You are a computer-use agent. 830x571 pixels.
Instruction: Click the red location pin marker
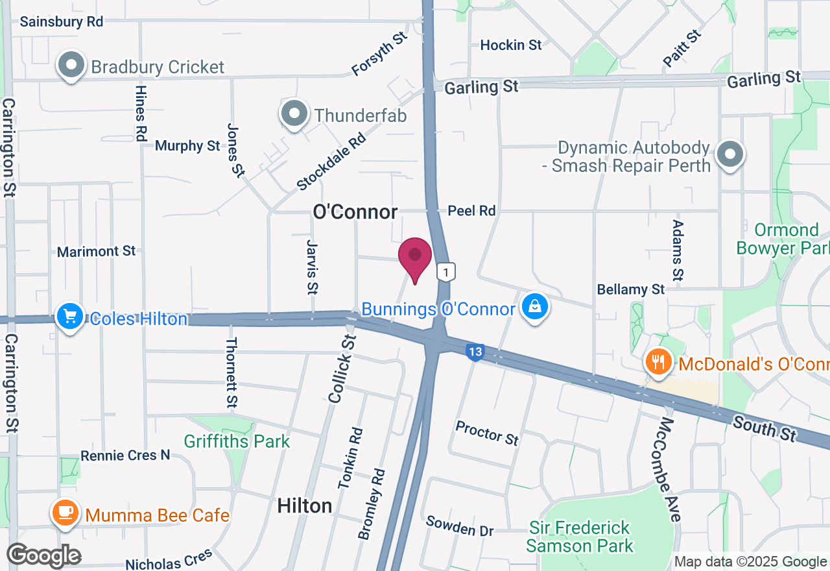pos(415,258)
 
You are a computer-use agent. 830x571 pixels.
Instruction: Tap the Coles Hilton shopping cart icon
pos(70,317)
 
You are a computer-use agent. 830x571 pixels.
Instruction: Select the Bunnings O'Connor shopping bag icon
pos(535,307)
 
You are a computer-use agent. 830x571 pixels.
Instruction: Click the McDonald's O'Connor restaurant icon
pos(658,362)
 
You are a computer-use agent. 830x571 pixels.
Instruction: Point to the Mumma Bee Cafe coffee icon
pos(65,513)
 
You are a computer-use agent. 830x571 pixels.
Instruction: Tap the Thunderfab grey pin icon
pos(295,114)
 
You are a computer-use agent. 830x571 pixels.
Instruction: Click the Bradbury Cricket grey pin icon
pos(71,65)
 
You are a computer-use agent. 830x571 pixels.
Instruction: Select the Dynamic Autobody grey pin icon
pos(730,154)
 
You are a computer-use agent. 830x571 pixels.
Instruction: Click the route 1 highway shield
pos(446,271)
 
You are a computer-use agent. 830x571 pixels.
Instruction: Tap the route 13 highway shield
pos(475,352)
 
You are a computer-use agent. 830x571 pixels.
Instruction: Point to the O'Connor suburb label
pos(355,212)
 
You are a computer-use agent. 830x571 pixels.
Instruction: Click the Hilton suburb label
pos(305,505)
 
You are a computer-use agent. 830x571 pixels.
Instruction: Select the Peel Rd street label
pos(472,210)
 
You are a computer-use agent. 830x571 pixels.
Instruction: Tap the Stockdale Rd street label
pos(331,162)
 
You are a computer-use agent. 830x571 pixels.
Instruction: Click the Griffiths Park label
pos(237,442)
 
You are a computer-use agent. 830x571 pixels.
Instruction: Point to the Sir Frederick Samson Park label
pos(579,537)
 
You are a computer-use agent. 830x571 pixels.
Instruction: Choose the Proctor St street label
pos(487,433)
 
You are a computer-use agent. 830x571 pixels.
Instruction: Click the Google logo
pos(44,555)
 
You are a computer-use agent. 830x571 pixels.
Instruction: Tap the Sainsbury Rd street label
pos(62,21)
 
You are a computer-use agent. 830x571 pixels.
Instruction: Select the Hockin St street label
pos(511,45)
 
